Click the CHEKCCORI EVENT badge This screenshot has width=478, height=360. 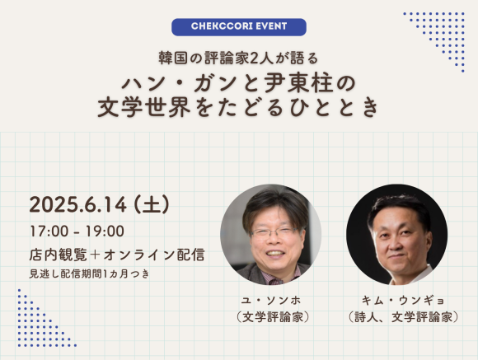(x=239, y=26)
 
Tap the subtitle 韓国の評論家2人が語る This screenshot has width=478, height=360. (x=238, y=58)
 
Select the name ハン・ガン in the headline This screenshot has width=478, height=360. (x=166, y=83)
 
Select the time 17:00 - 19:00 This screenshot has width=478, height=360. (x=77, y=231)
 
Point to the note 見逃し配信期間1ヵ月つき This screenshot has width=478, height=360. (x=91, y=273)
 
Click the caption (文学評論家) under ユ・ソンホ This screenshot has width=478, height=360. (x=271, y=317)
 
